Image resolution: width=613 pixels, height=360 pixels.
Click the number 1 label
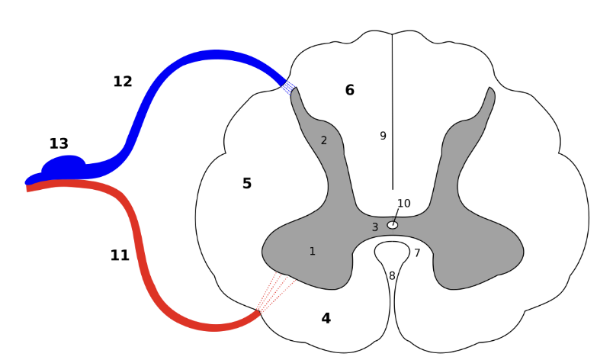coord(312,251)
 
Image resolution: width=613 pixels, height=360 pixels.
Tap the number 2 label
coord(323,140)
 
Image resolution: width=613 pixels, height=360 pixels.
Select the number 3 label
coord(374,227)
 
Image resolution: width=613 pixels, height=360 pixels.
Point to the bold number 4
coord(326,318)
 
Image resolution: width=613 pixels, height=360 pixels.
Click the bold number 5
coord(246,183)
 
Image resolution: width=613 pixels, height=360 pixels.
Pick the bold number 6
coord(349,90)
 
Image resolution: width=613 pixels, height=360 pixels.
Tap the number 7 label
coord(417,252)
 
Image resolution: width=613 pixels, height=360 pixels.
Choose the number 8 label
coord(392,275)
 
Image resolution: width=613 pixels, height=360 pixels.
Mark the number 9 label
coord(383,136)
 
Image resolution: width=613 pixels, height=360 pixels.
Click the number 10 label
coord(403,203)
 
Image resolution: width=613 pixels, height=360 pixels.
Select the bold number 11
coord(120,256)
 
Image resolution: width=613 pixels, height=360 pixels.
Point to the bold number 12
coord(123,82)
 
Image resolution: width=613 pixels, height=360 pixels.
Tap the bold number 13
coord(59,143)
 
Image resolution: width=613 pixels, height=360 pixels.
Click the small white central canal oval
coord(393,225)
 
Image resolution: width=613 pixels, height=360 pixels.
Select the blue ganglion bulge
coord(64,165)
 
